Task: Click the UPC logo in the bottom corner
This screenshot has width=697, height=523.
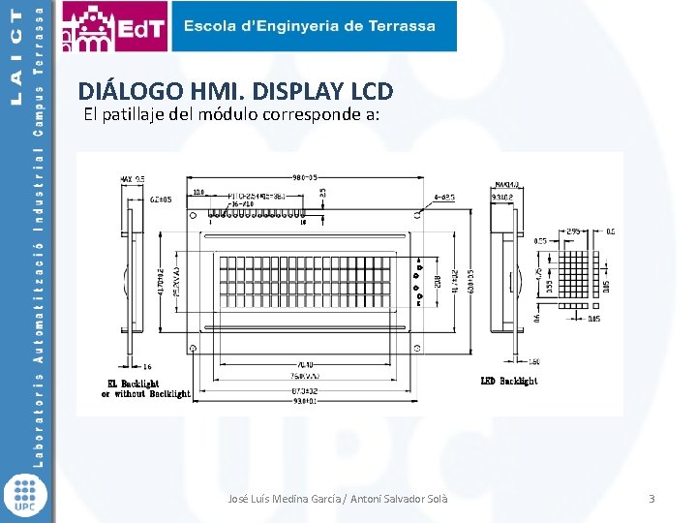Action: [x=26, y=494]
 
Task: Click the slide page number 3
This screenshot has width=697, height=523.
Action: [x=652, y=499]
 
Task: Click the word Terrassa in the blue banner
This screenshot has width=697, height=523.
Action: [x=400, y=26]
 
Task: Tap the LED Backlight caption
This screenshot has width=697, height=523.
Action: [x=509, y=381]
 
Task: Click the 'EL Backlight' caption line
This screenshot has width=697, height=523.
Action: [x=133, y=384]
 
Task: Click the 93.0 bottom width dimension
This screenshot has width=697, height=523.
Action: [x=306, y=400]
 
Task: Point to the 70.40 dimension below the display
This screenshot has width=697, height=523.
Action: [x=306, y=365]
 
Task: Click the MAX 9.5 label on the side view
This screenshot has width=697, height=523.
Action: [x=133, y=179]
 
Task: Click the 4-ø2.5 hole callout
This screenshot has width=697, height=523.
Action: [x=443, y=197]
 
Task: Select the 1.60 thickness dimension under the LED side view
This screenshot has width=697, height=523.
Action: [x=533, y=362]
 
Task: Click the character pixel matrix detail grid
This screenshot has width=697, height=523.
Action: [x=573, y=277]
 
